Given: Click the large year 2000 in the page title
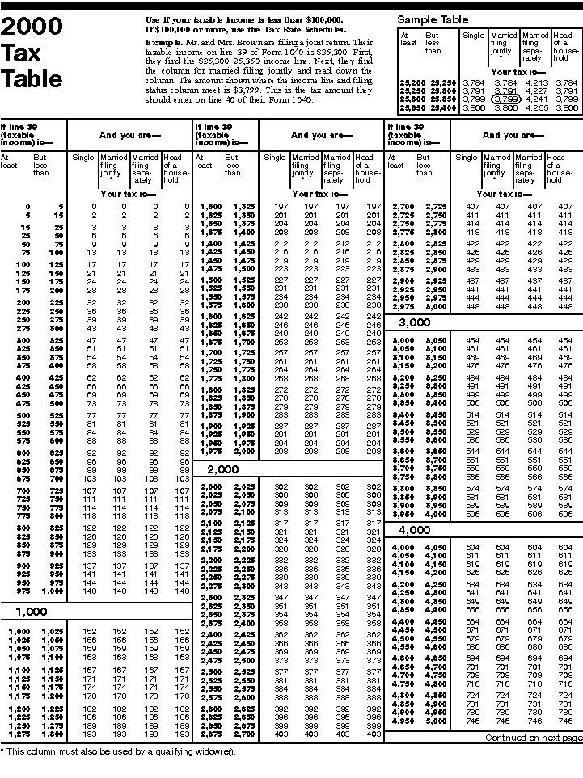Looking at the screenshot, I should coord(31,27).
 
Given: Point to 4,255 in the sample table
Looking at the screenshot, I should coord(534,107).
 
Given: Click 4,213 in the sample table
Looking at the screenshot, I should coord(534,82).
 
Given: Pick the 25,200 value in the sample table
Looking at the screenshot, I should coord(412,82).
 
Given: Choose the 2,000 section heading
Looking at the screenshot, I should coord(225,469).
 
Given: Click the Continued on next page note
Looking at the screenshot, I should coord(532,738).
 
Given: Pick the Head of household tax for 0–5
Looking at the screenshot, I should coord(185,207).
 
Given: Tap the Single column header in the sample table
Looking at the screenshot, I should coord(473,36).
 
